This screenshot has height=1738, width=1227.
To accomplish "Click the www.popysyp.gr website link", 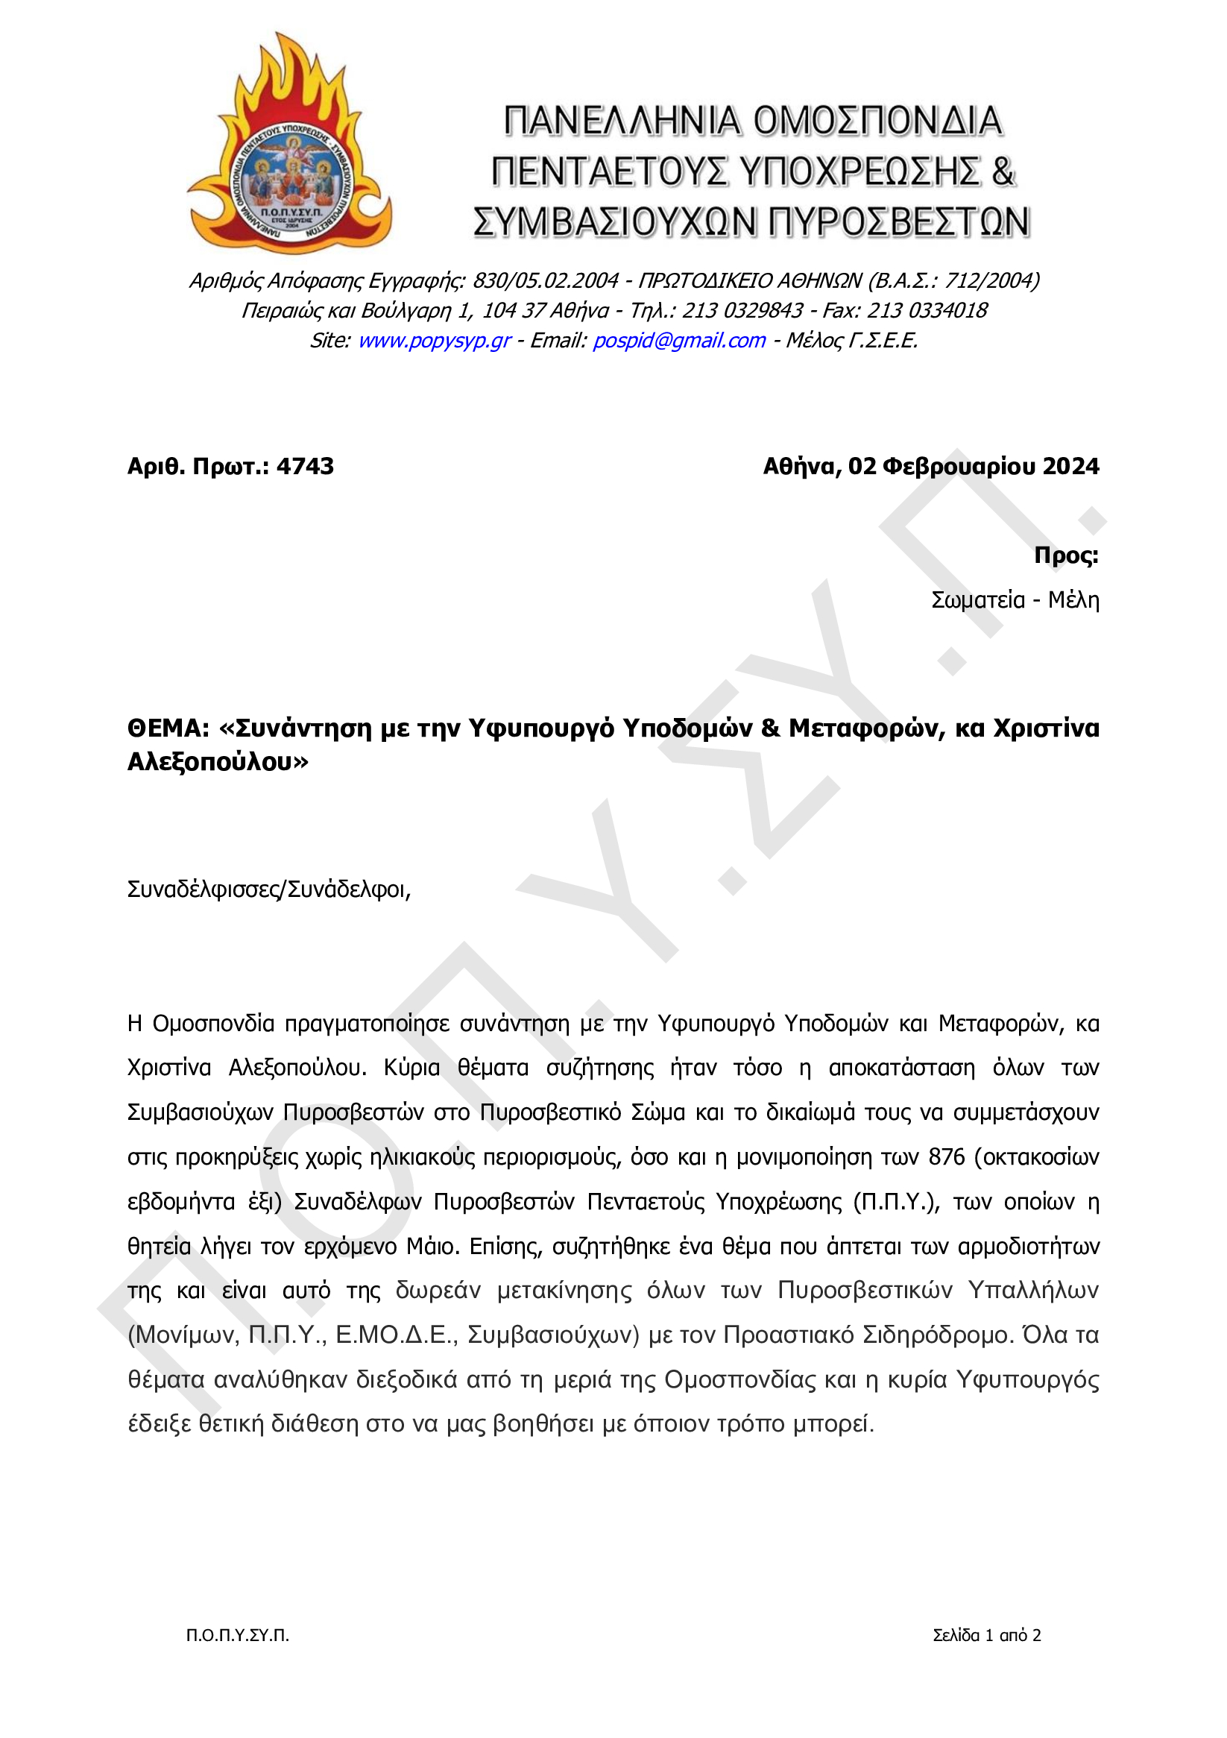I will [434, 341].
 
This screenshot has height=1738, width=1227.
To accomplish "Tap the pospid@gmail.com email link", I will [678, 341].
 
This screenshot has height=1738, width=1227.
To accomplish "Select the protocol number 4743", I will [304, 466].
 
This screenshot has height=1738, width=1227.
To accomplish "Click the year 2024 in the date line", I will [1070, 466].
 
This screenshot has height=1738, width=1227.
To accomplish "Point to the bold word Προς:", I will [1066, 555].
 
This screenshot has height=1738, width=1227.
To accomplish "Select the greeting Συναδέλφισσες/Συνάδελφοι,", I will [268, 890].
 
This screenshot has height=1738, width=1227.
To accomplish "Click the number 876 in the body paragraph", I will [946, 1157].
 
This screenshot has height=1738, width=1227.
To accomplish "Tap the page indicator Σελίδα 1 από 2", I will [986, 1635].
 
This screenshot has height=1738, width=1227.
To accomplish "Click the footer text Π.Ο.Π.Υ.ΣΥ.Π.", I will [238, 1635].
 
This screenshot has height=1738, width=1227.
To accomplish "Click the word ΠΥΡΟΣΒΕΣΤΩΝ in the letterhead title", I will [898, 222].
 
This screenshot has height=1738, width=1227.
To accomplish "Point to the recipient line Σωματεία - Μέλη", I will [1015, 600].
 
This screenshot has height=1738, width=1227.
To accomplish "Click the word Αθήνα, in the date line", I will [801, 466].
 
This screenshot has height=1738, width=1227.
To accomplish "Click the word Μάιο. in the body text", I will [433, 1247].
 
